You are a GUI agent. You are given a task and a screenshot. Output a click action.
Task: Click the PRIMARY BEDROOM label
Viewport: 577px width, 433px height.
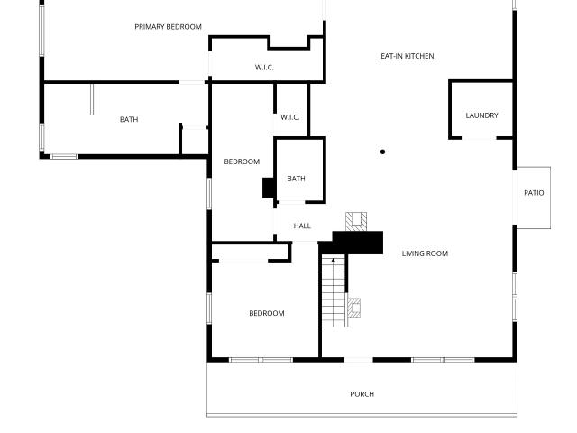(x=168, y=27)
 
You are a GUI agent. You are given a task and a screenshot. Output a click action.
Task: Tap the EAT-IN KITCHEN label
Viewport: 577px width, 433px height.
(x=408, y=56)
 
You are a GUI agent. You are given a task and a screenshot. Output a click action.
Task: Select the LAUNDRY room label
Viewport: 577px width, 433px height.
(x=481, y=115)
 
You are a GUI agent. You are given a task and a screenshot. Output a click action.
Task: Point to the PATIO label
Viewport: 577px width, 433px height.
(x=534, y=192)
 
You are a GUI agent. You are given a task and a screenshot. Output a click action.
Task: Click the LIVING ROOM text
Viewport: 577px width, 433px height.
(x=425, y=253)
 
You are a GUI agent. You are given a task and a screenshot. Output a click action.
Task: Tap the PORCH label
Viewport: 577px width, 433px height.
(x=362, y=394)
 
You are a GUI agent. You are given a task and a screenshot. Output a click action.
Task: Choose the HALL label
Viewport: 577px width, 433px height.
(x=302, y=226)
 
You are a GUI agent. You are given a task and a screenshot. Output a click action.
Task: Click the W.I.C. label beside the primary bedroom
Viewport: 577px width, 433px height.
(x=264, y=68)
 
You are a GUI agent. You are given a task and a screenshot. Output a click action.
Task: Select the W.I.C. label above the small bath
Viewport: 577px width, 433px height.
(x=290, y=117)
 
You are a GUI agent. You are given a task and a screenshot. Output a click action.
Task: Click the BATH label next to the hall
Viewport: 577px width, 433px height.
(x=296, y=179)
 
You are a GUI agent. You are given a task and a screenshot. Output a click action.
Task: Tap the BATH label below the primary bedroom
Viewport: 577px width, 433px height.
(x=129, y=119)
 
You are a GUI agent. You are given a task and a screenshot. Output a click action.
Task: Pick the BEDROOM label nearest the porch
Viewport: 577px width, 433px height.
(x=267, y=313)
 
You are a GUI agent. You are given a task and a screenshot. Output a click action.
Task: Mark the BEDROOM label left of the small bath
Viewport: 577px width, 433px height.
(x=242, y=161)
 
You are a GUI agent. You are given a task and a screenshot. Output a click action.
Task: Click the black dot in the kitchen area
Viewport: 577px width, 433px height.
(x=382, y=152)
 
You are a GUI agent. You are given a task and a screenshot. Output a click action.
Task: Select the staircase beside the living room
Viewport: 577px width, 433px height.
(x=334, y=291)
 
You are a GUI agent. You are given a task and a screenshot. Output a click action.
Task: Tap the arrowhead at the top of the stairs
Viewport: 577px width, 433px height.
(x=334, y=261)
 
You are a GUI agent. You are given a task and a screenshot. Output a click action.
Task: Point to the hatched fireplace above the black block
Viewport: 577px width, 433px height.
(x=356, y=222)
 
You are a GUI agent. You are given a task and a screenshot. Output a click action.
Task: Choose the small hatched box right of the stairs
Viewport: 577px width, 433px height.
(x=354, y=308)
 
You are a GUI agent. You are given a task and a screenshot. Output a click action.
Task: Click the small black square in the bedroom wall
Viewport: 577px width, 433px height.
(x=268, y=188)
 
